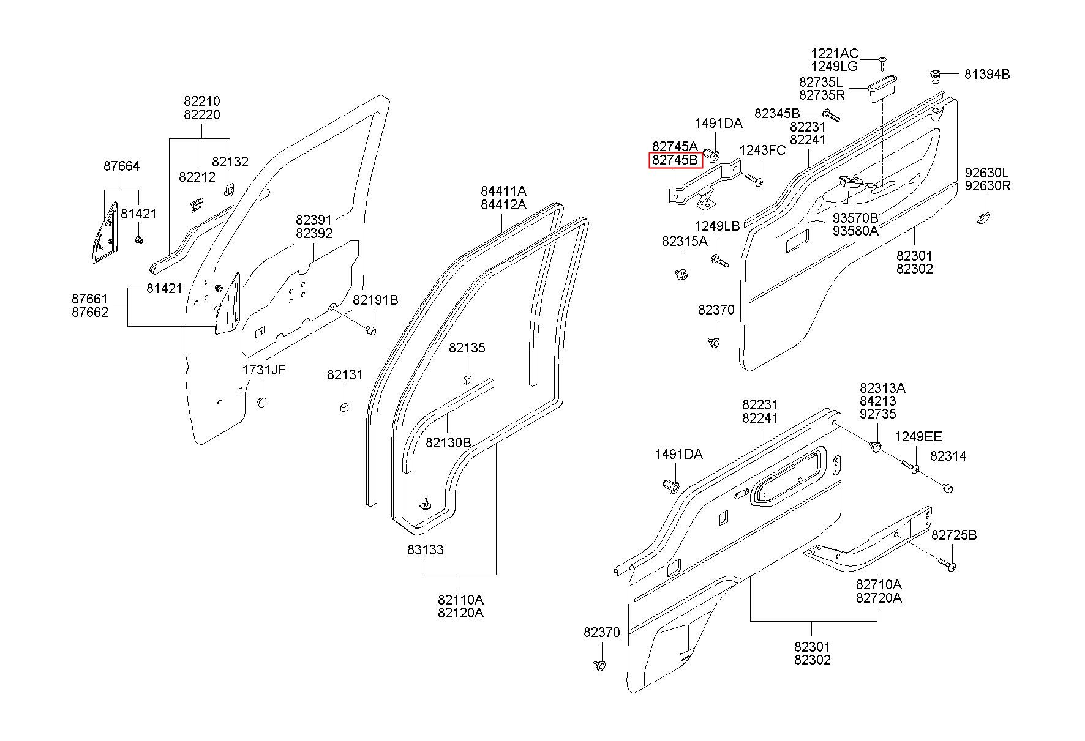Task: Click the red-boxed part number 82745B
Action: tap(675, 160)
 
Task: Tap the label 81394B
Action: tap(987, 74)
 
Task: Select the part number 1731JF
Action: tap(263, 370)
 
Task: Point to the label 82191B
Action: tap(375, 300)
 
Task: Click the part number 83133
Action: tap(425, 549)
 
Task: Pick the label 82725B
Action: tap(954, 535)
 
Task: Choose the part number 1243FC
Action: tap(762, 151)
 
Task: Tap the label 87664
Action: tap(121, 166)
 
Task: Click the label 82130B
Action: tap(448, 442)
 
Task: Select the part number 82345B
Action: tap(777, 113)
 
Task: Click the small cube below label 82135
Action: tap(467, 378)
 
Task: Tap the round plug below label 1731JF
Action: tap(262, 403)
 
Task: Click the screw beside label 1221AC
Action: tap(884, 62)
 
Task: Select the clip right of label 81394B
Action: tap(935, 75)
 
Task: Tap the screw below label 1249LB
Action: tap(719, 261)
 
